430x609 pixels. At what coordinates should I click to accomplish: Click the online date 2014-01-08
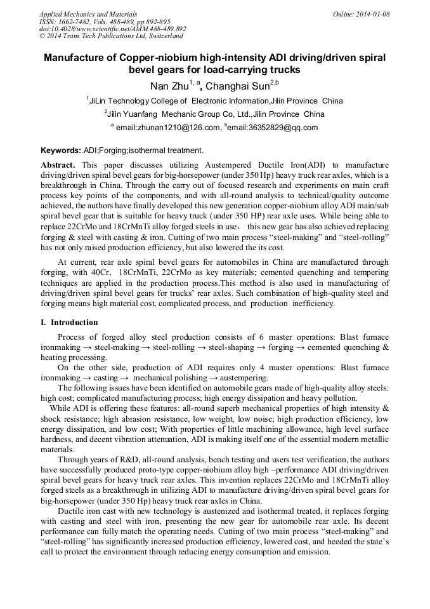pos(372,14)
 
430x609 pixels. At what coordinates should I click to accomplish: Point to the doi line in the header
pos(112,29)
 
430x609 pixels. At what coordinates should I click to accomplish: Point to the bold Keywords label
pos(61,151)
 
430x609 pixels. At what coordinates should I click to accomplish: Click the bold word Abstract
pos(59,164)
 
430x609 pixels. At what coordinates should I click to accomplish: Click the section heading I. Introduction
pos(69,323)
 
